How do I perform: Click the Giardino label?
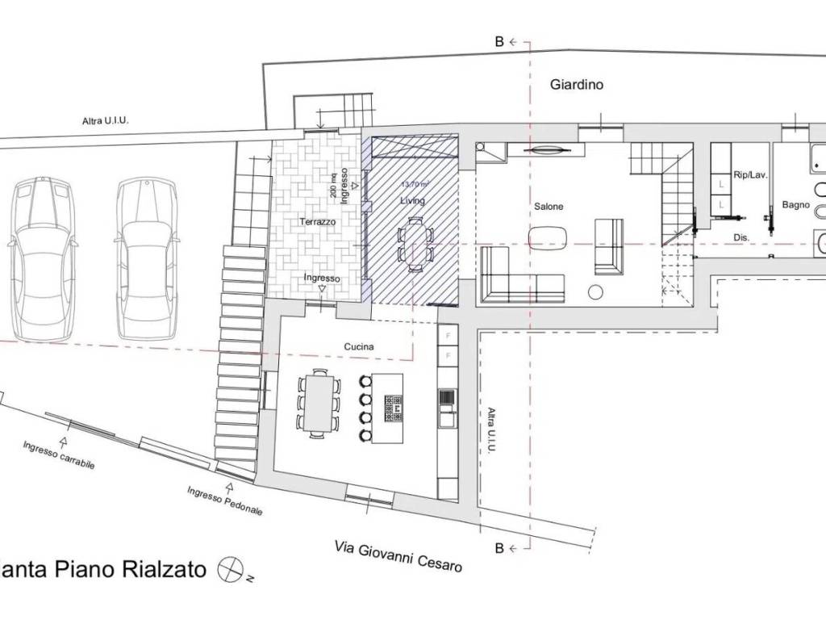[x=577, y=84]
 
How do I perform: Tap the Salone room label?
[x=549, y=207]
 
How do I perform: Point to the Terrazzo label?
[x=317, y=221]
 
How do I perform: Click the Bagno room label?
[x=795, y=206]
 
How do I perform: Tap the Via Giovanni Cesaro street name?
[x=398, y=556]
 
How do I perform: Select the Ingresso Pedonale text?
[x=225, y=501]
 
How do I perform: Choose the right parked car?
[x=146, y=258]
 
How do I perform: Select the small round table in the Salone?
[x=599, y=291]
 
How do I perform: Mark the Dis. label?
[x=743, y=237]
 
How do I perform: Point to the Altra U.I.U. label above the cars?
[x=106, y=121]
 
